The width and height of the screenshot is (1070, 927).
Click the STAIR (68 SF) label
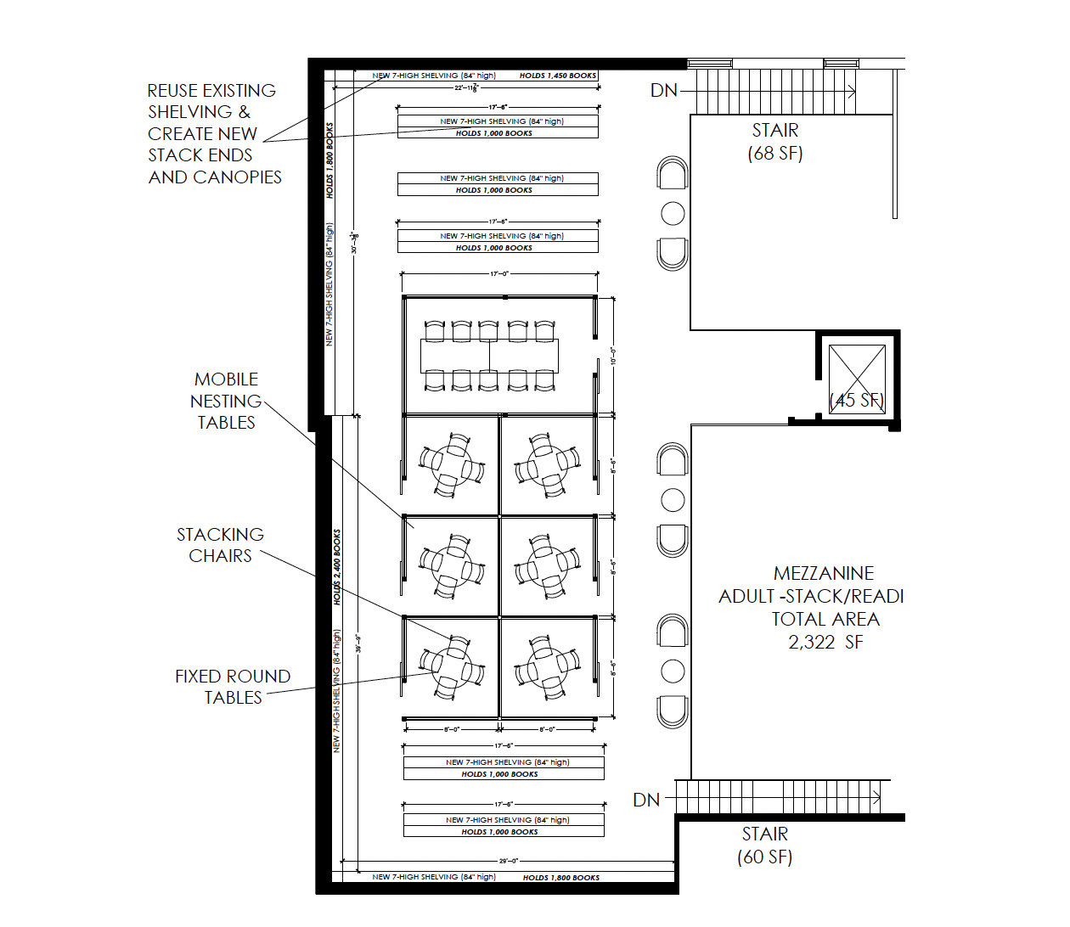[774, 142]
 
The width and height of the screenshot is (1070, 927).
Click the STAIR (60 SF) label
[764, 846]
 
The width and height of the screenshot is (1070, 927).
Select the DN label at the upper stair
[663, 91]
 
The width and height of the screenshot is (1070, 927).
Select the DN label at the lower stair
[646, 800]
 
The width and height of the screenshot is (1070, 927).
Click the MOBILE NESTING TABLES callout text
[226, 401]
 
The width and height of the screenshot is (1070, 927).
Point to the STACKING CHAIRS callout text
[220, 545]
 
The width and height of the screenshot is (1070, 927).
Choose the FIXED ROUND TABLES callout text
[233, 687]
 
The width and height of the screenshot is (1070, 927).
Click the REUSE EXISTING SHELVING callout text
[213, 133]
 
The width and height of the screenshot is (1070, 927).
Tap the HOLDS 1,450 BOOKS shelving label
[558, 76]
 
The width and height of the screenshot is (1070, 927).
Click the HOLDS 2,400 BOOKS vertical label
[337, 567]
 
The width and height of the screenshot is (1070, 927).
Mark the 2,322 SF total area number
[825, 643]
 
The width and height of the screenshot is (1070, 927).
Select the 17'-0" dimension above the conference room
[499, 274]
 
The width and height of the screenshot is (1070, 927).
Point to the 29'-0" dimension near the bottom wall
[508, 861]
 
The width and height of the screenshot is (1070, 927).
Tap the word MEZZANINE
[823, 574]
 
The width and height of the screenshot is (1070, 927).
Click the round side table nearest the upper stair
[673, 213]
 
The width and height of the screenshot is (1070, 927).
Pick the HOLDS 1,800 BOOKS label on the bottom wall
[560, 878]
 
